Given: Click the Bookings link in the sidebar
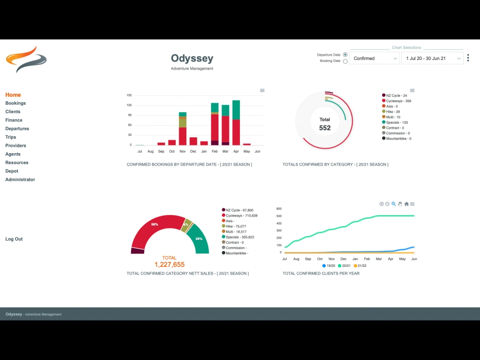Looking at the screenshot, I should click(15, 103).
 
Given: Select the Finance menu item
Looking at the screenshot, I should click(13, 120).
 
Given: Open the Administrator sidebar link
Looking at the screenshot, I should click(20, 180).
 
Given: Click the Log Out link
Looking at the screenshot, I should click(14, 239).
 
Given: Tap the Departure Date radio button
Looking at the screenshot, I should click(345, 55).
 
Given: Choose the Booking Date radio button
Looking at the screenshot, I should click(345, 61).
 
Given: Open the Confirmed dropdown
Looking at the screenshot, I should click(374, 59).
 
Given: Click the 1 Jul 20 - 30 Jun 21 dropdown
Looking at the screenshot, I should click(432, 59).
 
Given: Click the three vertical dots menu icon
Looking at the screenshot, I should click(468, 58).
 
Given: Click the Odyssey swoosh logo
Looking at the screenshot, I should click(26, 59).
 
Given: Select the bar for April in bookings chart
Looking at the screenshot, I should click(236, 123).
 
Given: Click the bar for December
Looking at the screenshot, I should click(193, 141).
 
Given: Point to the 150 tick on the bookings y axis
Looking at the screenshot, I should click(129, 95).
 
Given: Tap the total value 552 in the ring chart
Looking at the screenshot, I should click(325, 128).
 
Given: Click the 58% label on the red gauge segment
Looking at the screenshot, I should click(155, 224).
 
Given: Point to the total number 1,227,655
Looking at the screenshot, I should click(169, 264).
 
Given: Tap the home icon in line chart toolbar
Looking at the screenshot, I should click(407, 204).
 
